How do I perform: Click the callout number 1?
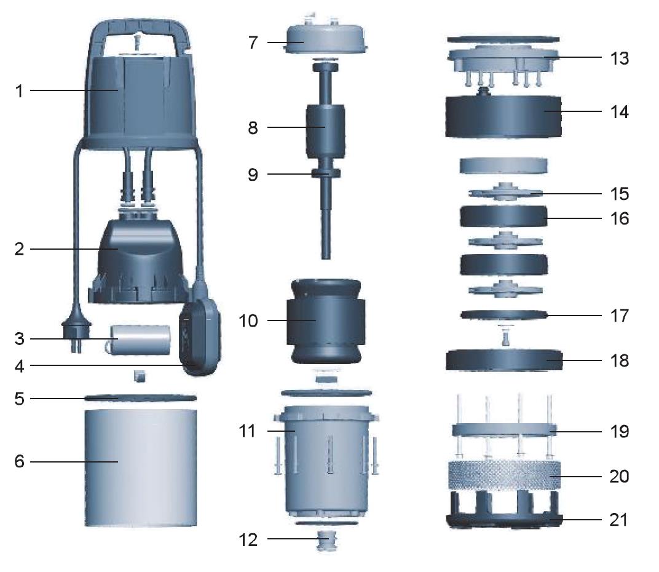pyautogui.click(x=19, y=91)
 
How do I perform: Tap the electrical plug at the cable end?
pyautogui.click(x=73, y=336)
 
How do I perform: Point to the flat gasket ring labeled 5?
pyautogui.click(x=140, y=398)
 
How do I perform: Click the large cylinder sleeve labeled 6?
pyautogui.click(x=140, y=467)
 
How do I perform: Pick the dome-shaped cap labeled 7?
pyautogui.click(x=323, y=44)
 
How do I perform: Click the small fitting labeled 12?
pyautogui.click(x=324, y=542)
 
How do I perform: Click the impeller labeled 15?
pyautogui.click(x=504, y=193)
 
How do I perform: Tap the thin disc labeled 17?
pyautogui.click(x=504, y=315)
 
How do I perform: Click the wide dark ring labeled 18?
pyautogui.click(x=504, y=360)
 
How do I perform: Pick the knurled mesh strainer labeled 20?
pyautogui.click(x=504, y=476)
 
